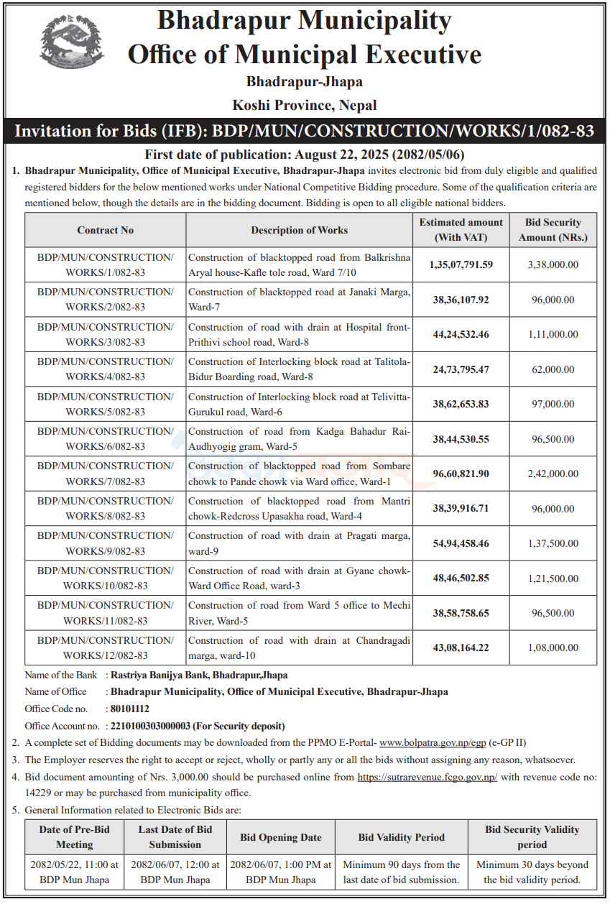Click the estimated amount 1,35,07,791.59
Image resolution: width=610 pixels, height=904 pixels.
tap(461, 264)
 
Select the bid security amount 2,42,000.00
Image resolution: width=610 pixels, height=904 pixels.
tap(553, 474)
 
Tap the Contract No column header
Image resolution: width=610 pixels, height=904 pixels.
tap(106, 230)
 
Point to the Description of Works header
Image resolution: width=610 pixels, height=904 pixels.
tap(299, 230)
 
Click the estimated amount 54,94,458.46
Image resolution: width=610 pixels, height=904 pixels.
tap(461, 543)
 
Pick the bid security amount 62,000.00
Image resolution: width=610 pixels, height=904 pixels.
tap(553, 369)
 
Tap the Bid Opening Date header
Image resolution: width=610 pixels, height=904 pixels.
tap(281, 837)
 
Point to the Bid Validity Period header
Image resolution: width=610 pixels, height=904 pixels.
tap(401, 837)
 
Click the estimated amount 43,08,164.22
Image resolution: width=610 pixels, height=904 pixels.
tap(461, 647)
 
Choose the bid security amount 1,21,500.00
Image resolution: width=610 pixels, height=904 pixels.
tap(553, 578)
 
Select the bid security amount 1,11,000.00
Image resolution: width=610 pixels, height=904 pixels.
tap(553, 334)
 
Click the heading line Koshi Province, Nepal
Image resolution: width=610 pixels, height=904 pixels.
tap(305, 106)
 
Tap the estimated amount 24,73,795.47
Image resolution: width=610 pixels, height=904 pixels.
tap(461, 369)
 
